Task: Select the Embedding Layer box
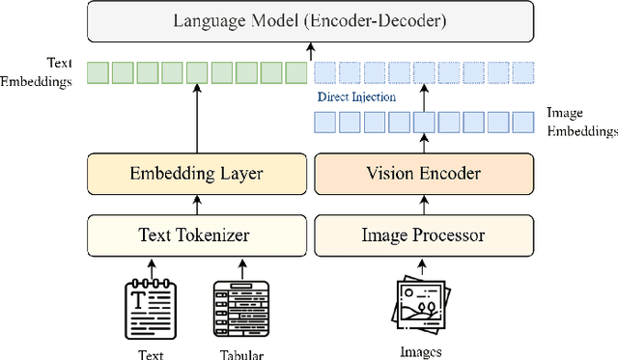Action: (197, 174)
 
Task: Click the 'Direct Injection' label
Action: (355, 97)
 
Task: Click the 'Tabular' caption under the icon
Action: (239, 354)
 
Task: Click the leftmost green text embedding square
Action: (97, 71)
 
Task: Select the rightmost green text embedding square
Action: (297, 71)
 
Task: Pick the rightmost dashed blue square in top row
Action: (522, 71)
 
